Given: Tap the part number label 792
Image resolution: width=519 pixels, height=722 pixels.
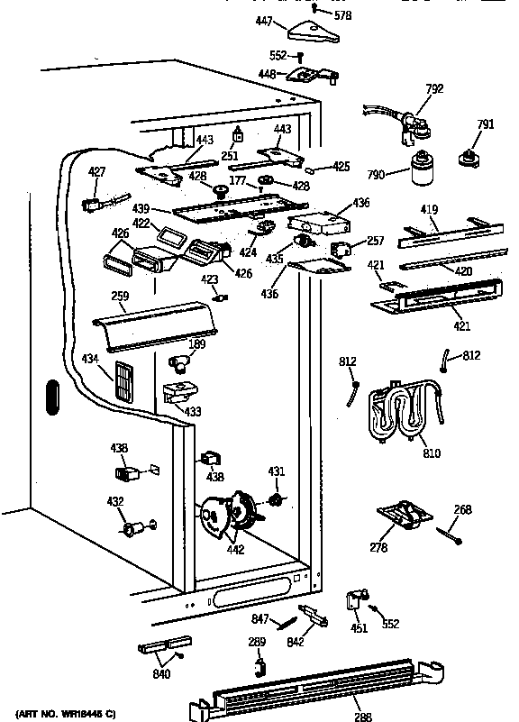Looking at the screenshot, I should tap(433, 88).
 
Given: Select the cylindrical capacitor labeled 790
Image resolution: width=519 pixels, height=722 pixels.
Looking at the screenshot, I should tap(419, 170).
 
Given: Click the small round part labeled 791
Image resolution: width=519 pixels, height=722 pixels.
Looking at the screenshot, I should tap(469, 159).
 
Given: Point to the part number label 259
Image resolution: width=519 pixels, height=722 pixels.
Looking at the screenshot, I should tap(119, 296).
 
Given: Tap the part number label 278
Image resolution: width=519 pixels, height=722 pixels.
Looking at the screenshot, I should tap(378, 547).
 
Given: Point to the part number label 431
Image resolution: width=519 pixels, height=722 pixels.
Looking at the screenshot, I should tap(277, 471).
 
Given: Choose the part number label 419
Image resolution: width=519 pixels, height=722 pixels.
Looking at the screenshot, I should tap(430, 210).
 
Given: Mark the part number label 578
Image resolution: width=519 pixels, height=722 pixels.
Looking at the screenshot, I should tap(342, 16).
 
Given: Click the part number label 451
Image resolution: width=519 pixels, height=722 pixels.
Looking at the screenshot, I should tap(359, 628).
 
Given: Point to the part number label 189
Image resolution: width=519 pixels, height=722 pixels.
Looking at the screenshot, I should tap(196, 343).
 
